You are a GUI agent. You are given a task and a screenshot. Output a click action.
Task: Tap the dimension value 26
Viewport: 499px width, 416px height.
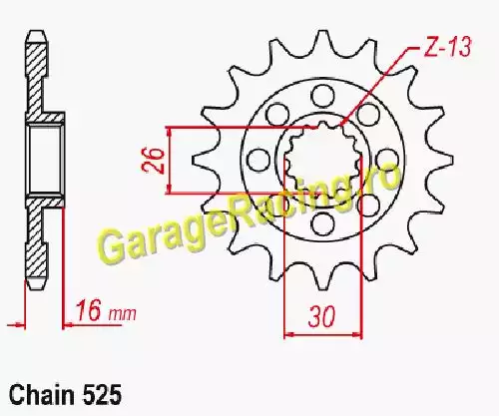click(x=154, y=161)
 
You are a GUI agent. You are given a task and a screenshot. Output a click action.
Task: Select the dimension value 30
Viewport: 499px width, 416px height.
click(x=322, y=316)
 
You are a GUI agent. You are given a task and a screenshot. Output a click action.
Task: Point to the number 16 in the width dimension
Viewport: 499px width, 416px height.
click(x=89, y=310)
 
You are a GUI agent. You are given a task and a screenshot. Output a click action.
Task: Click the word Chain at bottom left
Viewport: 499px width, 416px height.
click(x=42, y=395)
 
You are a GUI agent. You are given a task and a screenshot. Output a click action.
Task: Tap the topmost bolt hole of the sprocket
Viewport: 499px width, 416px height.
click(x=322, y=95)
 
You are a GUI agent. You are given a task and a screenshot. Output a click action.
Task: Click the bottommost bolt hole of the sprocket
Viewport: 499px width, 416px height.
click(x=322, y=223)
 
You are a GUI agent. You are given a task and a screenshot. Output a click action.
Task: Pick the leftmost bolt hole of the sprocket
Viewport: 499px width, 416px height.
click(x=258, y=160)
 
